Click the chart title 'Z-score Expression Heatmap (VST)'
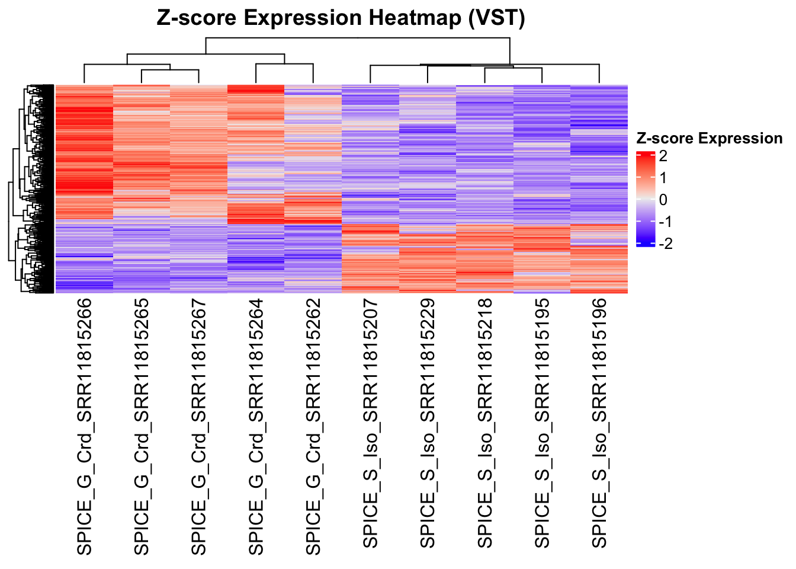pyautogui.click(x=341, y=18)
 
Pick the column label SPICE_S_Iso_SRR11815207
pyautogui.click(x=371, y=423)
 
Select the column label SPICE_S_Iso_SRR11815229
pyautogui.click(x=428, y=423)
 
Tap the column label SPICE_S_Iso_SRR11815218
pyautogui.click(x=486, y=423)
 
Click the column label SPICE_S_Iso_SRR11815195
pyautogui.click(x=543, y=423)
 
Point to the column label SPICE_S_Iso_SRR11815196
pyautogui.click(x=600, y=423)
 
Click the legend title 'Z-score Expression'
pyautogui.click(x=709, y=139)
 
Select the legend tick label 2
pyautogui.click(x=663, y=156)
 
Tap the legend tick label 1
pyautogui.click(x=663, y=178)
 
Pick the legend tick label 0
pyautogui.click(x=663, y=200)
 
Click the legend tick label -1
pyautogui.click(x=665, y=222)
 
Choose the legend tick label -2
pyautogui.click(x=665, y=244)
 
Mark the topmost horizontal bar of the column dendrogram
pyautogui.click(x=358, y=39)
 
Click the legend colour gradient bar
pyautogui.click(x=646, y=199)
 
